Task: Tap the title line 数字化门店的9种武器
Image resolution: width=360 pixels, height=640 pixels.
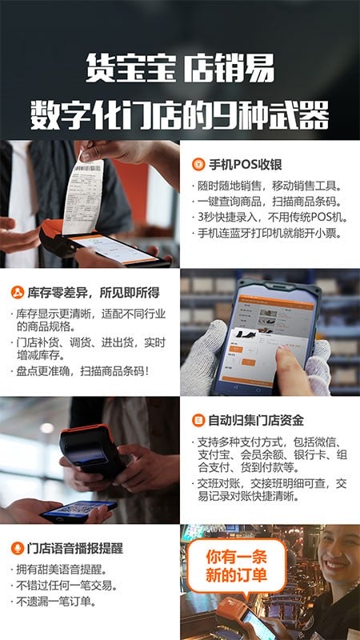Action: (x=179, y=113)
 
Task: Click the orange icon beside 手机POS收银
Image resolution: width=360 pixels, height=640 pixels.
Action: (x=198, y=164)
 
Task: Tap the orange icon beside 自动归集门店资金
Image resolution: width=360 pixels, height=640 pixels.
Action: (x=198, y=420)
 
